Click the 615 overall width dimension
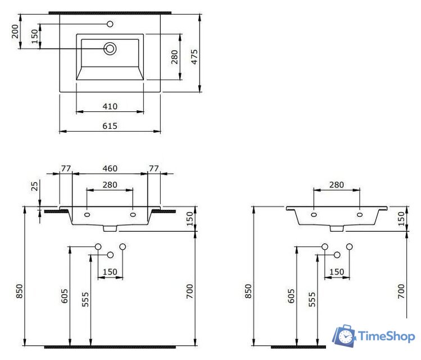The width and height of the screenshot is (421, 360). [110, 126]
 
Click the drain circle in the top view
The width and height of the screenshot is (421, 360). [110, 49]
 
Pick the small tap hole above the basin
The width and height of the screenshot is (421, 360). [110, 24]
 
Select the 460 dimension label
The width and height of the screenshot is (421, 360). [110, 168]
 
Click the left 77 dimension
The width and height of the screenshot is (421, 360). [66, 168]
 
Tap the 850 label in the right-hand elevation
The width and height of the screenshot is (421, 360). [248, 290]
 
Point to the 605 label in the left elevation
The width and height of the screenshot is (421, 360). [64, 296]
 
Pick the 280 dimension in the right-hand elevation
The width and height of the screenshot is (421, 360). [336, 184]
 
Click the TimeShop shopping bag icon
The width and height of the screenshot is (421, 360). [343, 336]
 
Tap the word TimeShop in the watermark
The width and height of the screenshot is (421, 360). [387, 336]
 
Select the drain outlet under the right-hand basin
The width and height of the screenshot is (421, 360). [337, 228]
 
